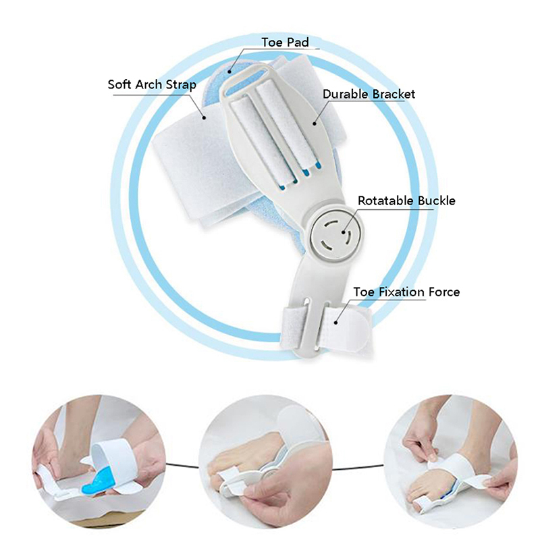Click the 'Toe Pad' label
point(285,43)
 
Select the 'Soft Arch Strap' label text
point(152,84)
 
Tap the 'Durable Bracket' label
point(369,94)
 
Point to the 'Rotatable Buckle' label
point(406,200)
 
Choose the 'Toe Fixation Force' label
point(406,292)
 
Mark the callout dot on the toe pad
point(230,72)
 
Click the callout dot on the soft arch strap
point(204,117)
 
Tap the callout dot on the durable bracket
point(315,124)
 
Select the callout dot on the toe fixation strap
point(335,323)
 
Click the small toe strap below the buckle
point(325,325)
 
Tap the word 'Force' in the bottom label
point(444,292)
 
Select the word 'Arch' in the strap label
point(148,84)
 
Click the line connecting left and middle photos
point(182,466)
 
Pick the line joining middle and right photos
point(358,468)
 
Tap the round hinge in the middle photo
point(269,473)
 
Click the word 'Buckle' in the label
point(436,200)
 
